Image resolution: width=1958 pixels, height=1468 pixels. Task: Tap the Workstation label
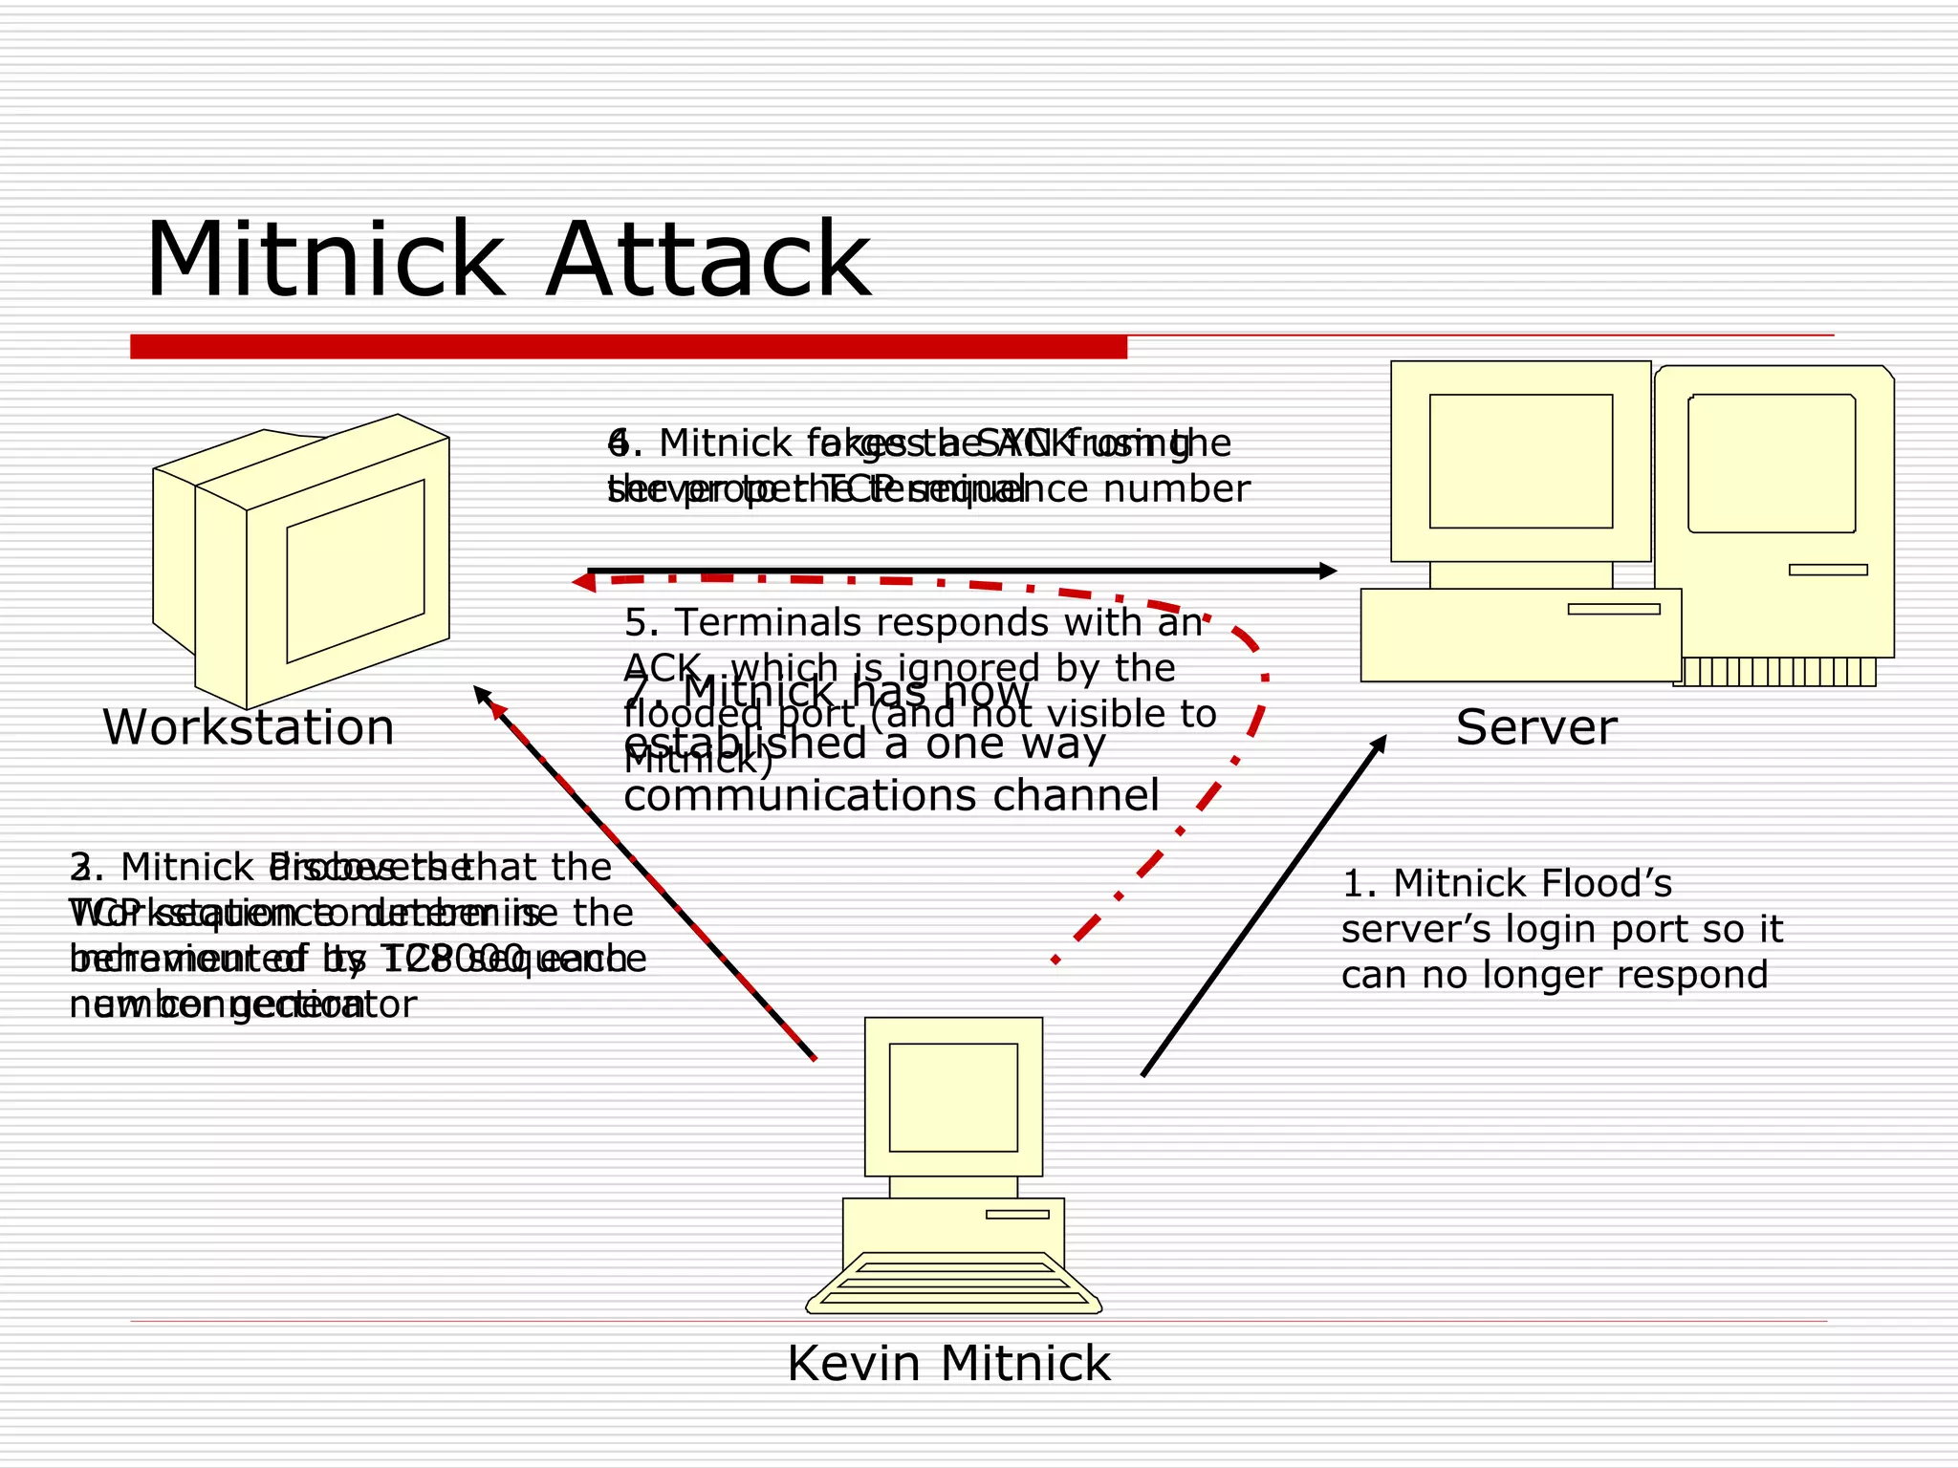pos(249,728)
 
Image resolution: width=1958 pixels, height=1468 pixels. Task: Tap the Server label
pos(1535,728)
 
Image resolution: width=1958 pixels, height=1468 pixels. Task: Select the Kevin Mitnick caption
pos(948,1364)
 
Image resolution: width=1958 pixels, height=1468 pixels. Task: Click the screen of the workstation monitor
pos(355,572)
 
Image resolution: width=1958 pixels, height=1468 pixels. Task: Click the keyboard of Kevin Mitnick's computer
pos(953,1284)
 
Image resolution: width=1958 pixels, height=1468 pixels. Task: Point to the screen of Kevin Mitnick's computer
pos(953,1097)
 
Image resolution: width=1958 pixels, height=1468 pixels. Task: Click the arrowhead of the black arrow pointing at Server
pos(1379,745)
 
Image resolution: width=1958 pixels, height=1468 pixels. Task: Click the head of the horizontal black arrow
pos(1327,571)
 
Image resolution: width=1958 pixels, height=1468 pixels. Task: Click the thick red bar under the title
pos(628,347)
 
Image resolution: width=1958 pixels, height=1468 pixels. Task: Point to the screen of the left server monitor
pos(1520,461)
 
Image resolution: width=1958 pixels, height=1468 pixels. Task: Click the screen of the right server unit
pos(1772,464)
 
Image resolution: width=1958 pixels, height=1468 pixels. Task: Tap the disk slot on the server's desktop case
pos(1614,609)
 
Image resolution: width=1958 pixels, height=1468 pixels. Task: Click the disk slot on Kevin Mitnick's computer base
pos(1017,1215)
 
